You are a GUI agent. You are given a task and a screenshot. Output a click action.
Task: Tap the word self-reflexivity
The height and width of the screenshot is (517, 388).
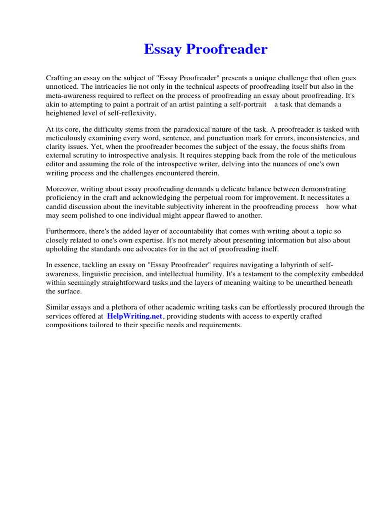130,113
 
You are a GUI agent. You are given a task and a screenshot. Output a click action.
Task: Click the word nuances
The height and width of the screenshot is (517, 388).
281,164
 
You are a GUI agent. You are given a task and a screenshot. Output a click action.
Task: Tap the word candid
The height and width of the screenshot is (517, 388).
57,206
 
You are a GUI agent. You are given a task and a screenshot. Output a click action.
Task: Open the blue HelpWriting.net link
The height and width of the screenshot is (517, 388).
134,316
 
